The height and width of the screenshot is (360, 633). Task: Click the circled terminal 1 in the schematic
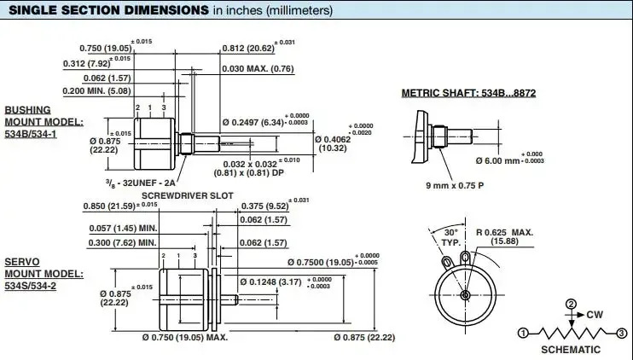click(x=523, y=334)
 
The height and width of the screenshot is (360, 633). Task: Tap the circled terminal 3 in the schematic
click(x=622, y=334)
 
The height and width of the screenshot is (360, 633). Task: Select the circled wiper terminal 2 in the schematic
click(x=571, y=304)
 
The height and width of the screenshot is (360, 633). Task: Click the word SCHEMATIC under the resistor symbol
click(x=571, y=350)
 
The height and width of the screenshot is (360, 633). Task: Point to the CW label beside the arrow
click(x=595, y=315)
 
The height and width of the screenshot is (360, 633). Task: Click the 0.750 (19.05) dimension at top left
click(x=106, y=49)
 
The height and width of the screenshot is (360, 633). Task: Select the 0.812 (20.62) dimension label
click(x=248, y=49)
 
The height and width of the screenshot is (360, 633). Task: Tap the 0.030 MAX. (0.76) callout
click(x=258, y=68)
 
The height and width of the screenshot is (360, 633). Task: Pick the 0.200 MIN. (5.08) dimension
click(x=97, y=90)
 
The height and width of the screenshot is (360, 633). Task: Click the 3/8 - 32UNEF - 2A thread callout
click(x=141, y=183)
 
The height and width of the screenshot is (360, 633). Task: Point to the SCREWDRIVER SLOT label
click(x=188, y=195)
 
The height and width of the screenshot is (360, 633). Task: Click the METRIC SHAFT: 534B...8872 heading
click(x=468, y=93)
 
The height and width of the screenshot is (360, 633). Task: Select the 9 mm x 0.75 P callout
click(x=455, y=186)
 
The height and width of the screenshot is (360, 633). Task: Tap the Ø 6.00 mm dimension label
click(x=497, y=160)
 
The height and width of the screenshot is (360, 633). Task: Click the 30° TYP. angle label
click(x=450, y=238)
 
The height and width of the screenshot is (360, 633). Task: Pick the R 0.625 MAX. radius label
click(x=505, y=237)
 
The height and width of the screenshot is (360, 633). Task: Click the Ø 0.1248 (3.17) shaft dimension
click(x=270, y=282)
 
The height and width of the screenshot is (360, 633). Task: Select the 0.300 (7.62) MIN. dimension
click(x=122, y=243)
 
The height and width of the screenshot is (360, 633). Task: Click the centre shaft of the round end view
click(x=465, y=295)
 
